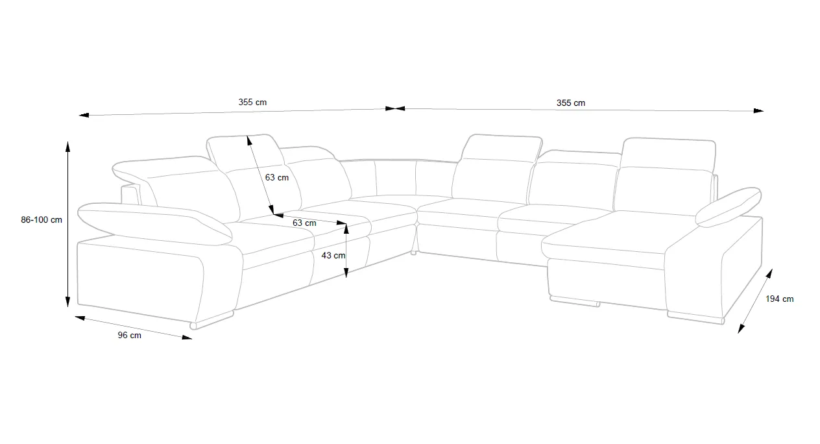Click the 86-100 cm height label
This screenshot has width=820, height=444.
point(42,220)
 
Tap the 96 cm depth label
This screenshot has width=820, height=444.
point(129,336)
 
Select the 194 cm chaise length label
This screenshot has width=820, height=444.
point(779,299)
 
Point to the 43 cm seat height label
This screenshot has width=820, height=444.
point(333,256)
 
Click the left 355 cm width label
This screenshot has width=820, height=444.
point(252,102)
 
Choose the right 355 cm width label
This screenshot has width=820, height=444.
point(570,103)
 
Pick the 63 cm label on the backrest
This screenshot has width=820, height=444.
point(277,177)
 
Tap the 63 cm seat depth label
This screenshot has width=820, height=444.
point(304,223)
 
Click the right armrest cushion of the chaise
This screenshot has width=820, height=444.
point(729,206)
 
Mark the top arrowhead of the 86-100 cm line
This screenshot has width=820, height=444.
point(67,145)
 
